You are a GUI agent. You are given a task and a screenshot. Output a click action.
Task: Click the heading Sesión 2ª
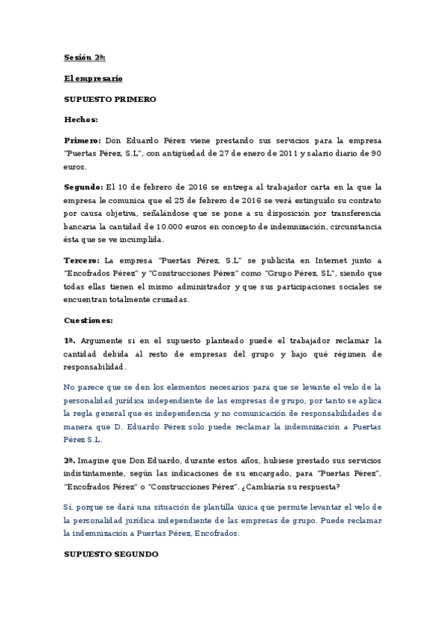84,57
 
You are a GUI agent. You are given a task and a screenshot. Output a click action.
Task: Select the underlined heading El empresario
93,78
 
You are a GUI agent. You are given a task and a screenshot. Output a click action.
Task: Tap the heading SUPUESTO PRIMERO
110,98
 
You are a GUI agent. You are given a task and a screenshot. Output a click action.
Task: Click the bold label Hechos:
81,118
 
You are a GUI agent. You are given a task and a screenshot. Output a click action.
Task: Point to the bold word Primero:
82,139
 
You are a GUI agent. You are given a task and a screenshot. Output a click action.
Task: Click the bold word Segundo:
83,186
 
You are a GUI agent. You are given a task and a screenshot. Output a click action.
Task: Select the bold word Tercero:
83,260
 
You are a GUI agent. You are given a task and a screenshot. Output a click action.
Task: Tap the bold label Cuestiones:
89,320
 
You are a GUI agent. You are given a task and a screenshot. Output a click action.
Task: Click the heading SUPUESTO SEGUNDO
110,554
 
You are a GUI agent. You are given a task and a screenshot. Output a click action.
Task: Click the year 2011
280,153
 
